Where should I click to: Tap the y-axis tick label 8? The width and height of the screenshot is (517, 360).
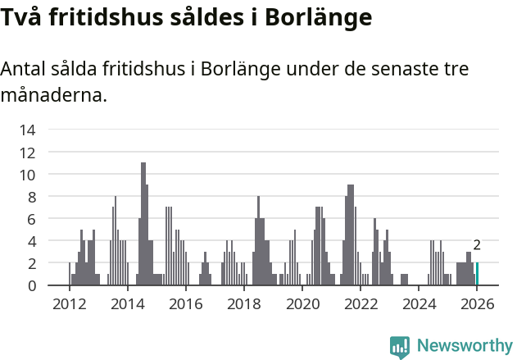click(x=31, y=197)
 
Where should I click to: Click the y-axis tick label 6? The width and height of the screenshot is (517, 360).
click(x=31, y=219)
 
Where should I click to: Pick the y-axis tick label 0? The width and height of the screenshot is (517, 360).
click(x=31, y=285)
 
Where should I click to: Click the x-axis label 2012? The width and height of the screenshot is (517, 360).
click(x=69, y=305)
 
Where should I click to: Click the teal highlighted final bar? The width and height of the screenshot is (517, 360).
click(x=477, y=274)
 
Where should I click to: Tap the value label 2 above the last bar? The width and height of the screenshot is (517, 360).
click(x=477, y=245)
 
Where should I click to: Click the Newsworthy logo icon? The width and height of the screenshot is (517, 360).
click(x=400, y=347)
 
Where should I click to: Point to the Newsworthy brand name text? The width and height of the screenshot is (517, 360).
click(x=464, y=346)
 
